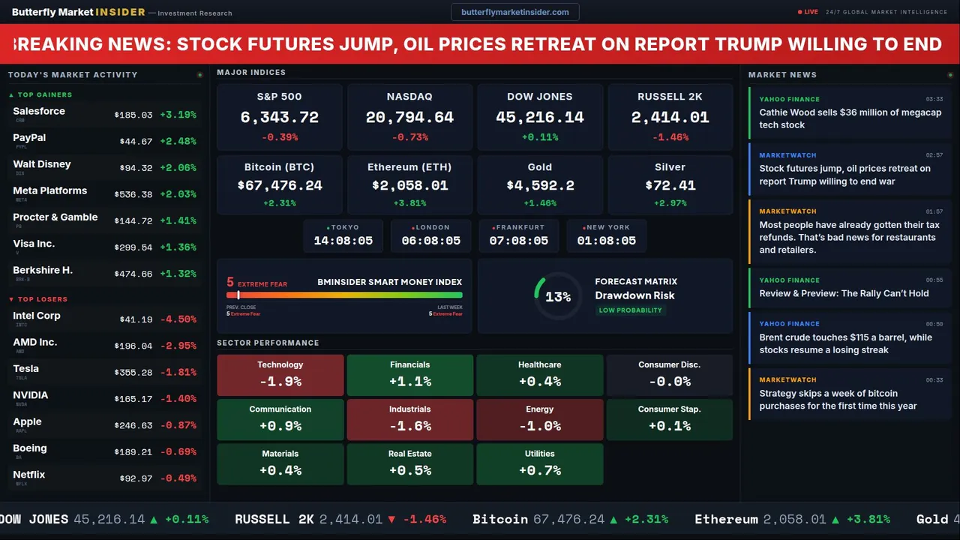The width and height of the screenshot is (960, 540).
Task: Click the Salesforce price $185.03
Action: click(133, 115)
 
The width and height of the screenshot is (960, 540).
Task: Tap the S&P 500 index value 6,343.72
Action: click(280, 118)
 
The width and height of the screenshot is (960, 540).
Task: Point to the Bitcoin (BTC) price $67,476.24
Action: click(280, 185)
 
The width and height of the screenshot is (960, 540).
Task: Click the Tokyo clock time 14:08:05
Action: click(343, 241)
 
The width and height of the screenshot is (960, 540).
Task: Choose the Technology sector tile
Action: click(280, 375)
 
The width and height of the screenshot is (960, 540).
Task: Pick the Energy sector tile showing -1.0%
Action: click(540, 419)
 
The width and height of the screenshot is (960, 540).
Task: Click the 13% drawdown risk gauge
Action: click(558, 297)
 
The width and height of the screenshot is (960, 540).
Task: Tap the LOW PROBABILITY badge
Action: click(630, 310)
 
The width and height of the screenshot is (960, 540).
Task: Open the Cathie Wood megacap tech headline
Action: click(850, 118)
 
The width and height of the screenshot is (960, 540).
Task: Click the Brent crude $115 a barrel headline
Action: click(845, 343)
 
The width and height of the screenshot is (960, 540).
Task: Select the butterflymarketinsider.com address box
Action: click(515, 12)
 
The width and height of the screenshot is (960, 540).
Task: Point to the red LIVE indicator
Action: click(808, 12)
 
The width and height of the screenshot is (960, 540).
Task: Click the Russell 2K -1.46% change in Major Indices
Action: click(670, 137)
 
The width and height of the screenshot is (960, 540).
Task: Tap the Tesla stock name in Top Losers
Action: click(26, 369)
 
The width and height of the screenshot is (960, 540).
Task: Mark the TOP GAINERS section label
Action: click(44, 95)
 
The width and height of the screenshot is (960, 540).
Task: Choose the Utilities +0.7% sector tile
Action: click(540, 464)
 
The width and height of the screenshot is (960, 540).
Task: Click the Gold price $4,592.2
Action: click(540, 185)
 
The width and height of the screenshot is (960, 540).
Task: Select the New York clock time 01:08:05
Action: click(606, 241)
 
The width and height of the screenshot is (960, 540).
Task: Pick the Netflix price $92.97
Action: click(136, 478)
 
